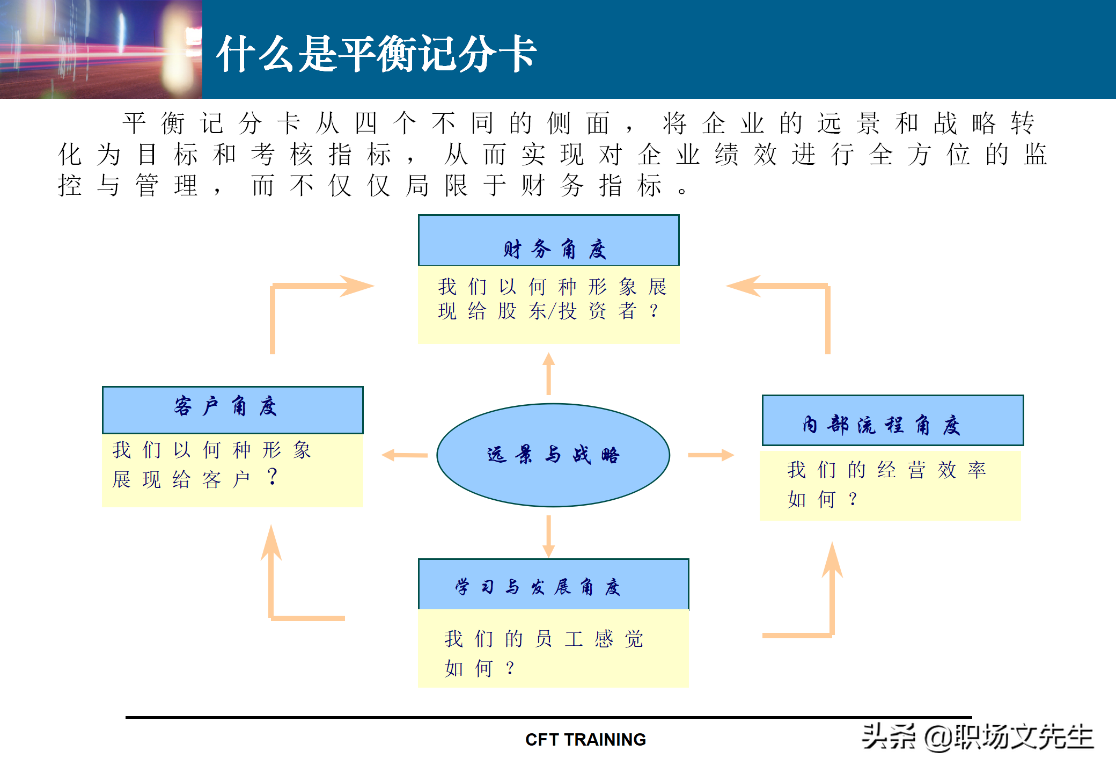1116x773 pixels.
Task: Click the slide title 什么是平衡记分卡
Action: point(376,54)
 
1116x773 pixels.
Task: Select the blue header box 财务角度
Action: point(548,241)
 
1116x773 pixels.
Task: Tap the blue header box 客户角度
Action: point(232,410)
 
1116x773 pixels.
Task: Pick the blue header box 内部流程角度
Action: point(892,420)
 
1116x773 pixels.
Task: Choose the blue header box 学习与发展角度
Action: point(553,585)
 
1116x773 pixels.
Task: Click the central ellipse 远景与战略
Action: point(553,455)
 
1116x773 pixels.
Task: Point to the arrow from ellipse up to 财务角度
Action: point(548,374)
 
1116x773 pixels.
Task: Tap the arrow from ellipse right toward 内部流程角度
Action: point(710,455)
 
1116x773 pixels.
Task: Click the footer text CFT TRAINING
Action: point(585,740)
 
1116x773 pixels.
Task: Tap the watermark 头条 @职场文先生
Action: point(977,736)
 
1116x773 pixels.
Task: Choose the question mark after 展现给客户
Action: point(273,476)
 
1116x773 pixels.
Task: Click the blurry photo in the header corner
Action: point(101,49)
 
